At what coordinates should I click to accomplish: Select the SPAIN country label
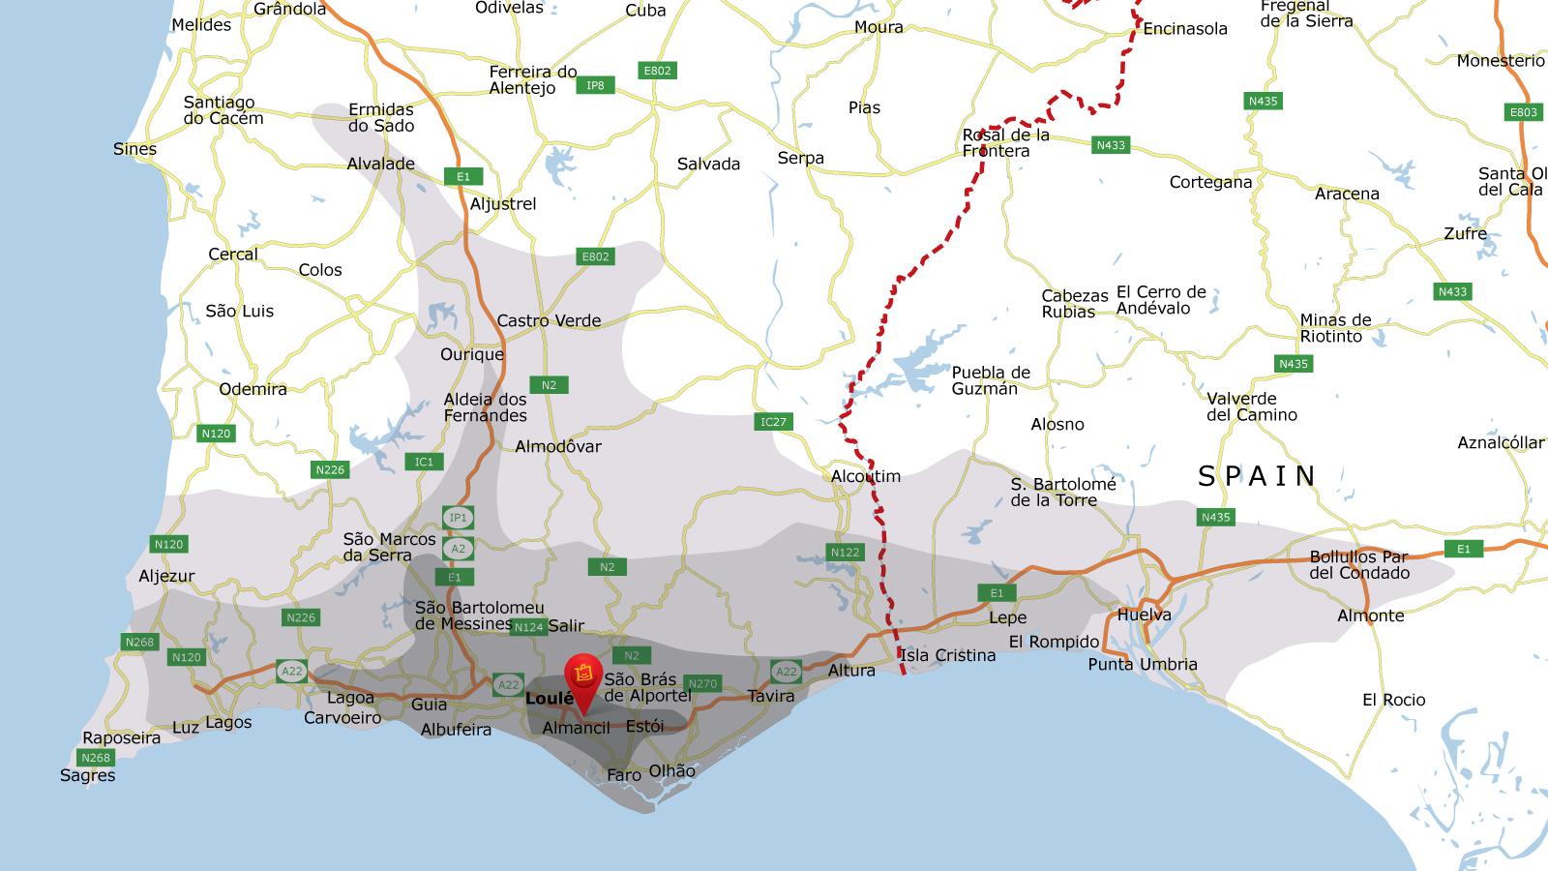click(x=1258, y=476)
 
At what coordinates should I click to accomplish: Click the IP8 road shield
click(x=595, y=85)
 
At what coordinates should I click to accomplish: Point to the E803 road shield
click(x=1523, y=112)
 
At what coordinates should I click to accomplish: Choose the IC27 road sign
click(x=773, y=421)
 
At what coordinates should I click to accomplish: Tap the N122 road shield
click(x=845, y=553)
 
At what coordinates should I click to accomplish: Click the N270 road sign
click(x=702, y=683)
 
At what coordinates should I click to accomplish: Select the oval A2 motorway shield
click(x=459, y=549)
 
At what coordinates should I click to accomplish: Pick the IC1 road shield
click(x=424, y=462)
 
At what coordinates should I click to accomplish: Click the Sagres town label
click(x=87, y=775)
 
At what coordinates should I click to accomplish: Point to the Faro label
click(x=624, y=775)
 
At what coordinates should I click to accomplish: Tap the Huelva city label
click(x=1144, y=615)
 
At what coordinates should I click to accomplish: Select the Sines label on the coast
click(x=134, y=149)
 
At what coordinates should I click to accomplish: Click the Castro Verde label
click(x=549, y=320)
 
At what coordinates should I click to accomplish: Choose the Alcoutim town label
click(x=865, y=476)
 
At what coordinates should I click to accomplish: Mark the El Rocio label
click(x=1393, y=700)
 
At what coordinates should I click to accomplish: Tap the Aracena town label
click(x=1347, y=194)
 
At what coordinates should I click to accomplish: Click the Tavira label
click(x=771, y=696)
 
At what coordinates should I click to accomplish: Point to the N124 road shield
click(x=528, y=627)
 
